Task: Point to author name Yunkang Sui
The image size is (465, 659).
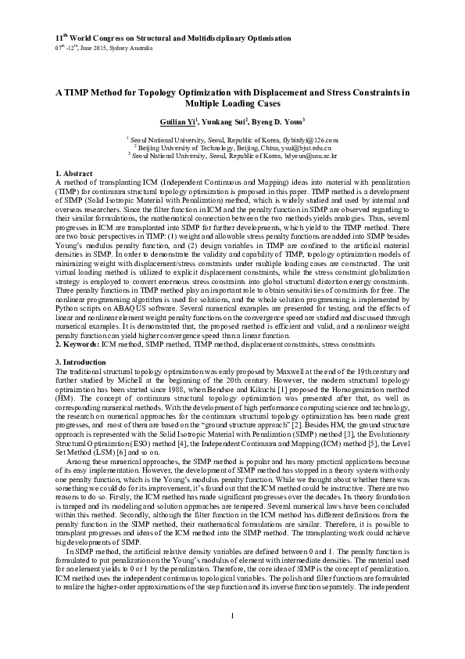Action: coord(225,122)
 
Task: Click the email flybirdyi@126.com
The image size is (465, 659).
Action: coord(310,139)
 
